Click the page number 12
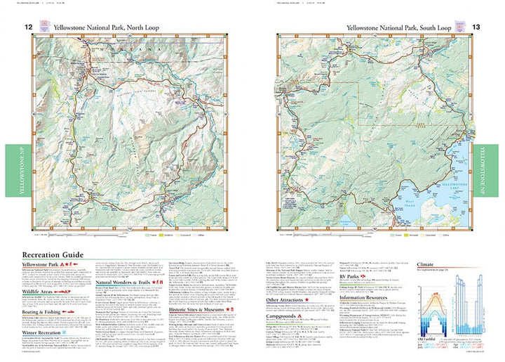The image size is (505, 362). tap(29, 27)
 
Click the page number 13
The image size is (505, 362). tap(476, 27)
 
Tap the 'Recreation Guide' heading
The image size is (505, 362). tap(53, 254)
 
